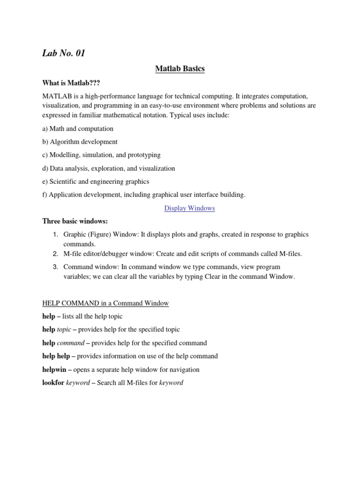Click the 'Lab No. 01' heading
[x=64, y=53]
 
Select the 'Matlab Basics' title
[x=180, y=69]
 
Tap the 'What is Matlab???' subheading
[x=71, y=82]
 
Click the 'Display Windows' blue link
[x=189, y=208]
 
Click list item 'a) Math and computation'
[x=78, y=128]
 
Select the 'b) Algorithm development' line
[x=80, y=142]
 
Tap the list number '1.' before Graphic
[x=55, y=234]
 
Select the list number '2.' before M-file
[x=55, y=254]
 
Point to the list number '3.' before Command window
[x=55, y=267]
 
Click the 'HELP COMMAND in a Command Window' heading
[x=105, y=303]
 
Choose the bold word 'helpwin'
[x=54, y=369]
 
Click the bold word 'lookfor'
[x=53, y=382]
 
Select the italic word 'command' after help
[x=71, y=343]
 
